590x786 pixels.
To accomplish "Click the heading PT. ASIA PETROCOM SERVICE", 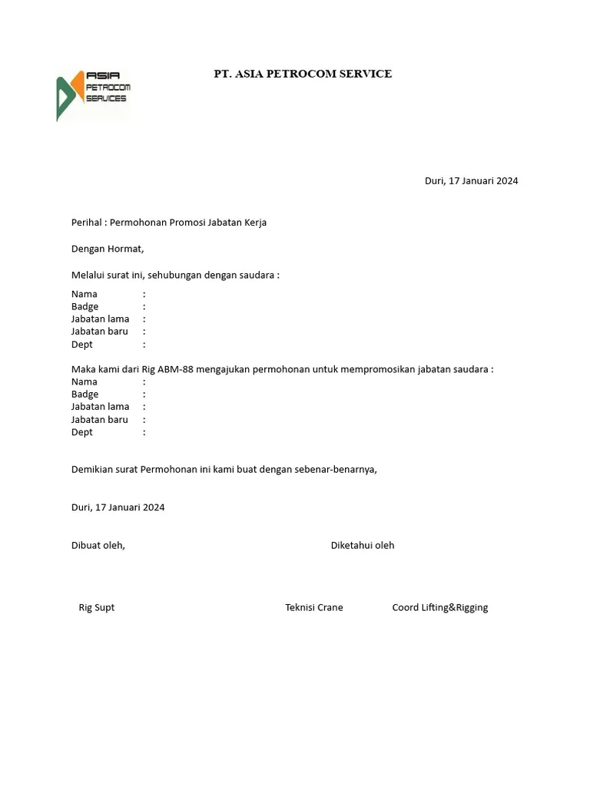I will (303, 74).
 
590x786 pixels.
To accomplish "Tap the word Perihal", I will (86, 223).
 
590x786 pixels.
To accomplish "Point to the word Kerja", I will (254, 223).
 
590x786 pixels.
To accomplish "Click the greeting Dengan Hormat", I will (108, 249).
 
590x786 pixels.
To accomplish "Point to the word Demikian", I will (93, 469).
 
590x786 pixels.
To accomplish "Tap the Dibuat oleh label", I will (98, 545).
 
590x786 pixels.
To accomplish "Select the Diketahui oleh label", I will (363, 545).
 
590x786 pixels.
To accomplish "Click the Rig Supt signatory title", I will (97, 607).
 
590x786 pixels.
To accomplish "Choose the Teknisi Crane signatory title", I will (314, 607).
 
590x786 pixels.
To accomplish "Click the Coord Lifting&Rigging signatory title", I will (440, 607).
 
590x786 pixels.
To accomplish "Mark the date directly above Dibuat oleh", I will (118, 507).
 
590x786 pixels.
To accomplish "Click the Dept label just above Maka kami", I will (82, 345).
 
